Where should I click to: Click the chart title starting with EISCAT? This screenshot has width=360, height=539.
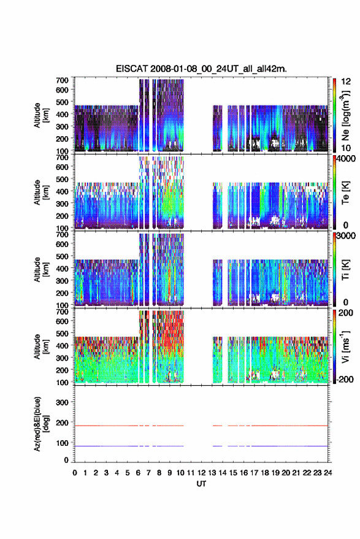[x=201, y=69]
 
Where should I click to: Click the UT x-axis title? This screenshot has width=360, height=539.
[x=201, y=484]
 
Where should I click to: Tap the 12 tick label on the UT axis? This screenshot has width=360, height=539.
[x=201, y=473]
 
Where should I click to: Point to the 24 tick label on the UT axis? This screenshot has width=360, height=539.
[x=327, y=473]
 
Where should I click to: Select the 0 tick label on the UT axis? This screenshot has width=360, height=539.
[x=75, y=473]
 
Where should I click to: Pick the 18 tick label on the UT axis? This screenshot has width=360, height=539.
[x=264, y=473]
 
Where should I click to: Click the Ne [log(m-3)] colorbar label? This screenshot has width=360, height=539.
[x=345, y=115]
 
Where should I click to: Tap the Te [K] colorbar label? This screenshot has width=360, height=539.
[x=345, y=193]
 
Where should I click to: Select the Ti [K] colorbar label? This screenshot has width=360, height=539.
[x=345, y=270]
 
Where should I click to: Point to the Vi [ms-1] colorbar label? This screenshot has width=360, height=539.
[x=345, y=347]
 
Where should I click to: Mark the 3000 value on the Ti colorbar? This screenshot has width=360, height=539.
[x=346, y=236]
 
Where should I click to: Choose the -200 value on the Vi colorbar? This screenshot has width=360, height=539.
[x=345, y=379]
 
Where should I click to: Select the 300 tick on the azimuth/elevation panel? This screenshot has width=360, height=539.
[x=62, y=402]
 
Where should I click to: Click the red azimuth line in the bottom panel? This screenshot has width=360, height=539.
[x=202, y=426]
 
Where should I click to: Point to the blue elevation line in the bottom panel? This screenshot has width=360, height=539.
[x=202, y=446]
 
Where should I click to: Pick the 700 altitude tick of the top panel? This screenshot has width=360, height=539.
[x=62, y=80]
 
